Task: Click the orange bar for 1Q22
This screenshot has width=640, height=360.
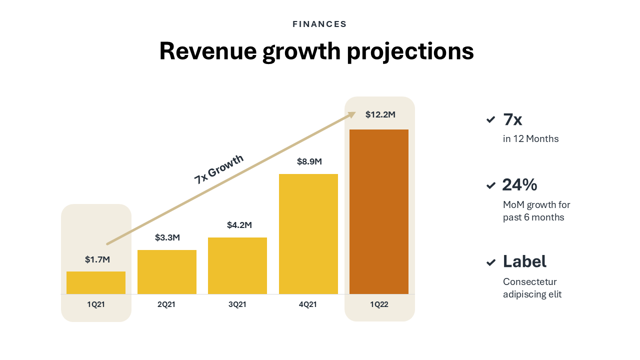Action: (x=379, y=211)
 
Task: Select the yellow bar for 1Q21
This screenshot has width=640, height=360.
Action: (x=96, y=282)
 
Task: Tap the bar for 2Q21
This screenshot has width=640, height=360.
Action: (x=167, y=272)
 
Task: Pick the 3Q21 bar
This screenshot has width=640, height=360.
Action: (x=237, y=265)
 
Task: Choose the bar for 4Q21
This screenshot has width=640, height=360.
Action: (x=308, y=234)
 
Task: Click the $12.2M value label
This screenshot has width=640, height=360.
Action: (x=380, y=114)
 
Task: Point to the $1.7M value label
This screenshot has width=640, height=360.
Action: (x=97, y=259)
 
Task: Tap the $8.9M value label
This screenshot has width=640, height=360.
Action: (x=309, y=161)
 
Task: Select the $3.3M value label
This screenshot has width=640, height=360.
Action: (x=167, y=237)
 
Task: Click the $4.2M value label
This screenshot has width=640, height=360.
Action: (x=239, y=225)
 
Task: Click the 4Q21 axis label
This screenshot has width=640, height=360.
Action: (x=308, y=304)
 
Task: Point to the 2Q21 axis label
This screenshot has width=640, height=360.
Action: (x=166, y=304)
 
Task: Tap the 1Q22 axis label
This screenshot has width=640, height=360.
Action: (x=379, y=304)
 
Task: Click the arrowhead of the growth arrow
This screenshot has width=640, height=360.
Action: (x=351, y=115)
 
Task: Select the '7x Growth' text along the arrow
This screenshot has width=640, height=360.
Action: (x=218, y=169)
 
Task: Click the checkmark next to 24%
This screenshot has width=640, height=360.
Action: (x=490, y=185)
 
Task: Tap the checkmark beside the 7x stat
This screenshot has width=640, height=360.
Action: (x=490, y=120)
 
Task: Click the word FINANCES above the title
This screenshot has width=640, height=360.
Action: (x=319, y=24)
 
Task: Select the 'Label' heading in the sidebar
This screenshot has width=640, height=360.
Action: (x=524, y=261)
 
